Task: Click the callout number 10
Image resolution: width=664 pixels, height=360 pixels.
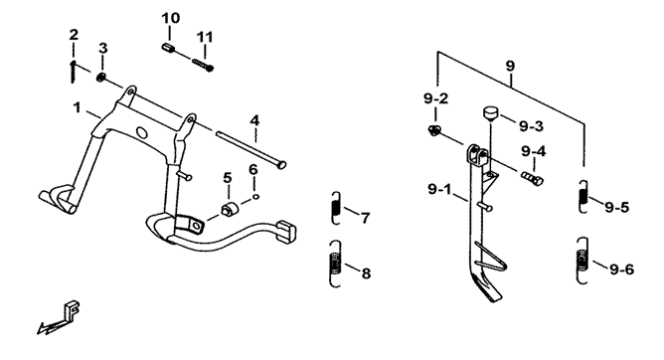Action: point(170,18)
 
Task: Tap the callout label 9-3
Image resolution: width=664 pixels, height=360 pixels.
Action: point(531,126)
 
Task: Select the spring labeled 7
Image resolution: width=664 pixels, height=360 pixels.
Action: point(335,208)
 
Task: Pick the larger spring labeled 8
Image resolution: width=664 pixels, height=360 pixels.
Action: point(335,264)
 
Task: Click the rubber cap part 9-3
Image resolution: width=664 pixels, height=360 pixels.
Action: point(491,114)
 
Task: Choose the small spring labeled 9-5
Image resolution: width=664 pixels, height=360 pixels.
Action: point(583,197)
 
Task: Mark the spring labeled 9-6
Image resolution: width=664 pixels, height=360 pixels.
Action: point(582,261)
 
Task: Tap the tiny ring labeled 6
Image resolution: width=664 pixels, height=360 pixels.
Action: point(255,196)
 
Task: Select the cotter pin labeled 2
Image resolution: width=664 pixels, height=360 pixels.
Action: point(74,72)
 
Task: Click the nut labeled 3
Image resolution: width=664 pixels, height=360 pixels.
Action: point(101,78)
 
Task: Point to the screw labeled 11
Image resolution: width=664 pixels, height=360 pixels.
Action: point(203,66)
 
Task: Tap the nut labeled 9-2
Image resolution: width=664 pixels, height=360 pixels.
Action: point(433,130)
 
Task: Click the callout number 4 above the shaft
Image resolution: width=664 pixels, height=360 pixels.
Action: point(254,120)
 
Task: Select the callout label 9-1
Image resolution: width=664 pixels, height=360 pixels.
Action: point(439,189)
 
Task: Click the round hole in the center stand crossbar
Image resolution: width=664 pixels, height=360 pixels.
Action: point(142,133)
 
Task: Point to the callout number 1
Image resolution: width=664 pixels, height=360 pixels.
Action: point(77,107)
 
